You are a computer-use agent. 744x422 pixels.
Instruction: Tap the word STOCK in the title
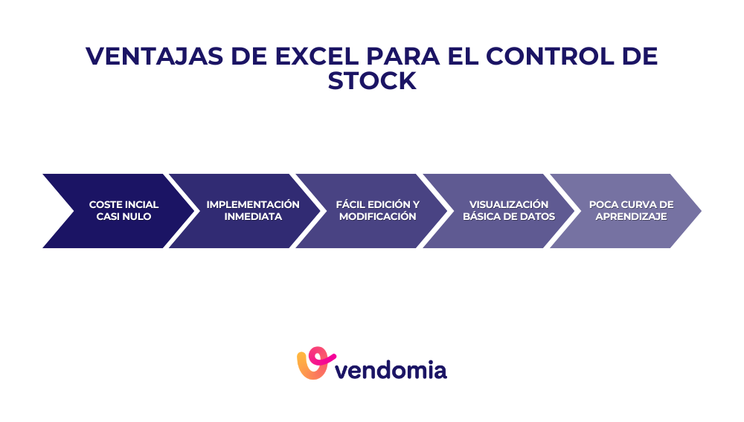pos(372,81)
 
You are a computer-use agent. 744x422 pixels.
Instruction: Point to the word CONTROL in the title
pos(557,56)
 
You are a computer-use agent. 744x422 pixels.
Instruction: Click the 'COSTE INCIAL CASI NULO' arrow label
pos(124,210)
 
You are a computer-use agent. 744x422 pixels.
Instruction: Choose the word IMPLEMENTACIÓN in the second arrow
pos(253,204)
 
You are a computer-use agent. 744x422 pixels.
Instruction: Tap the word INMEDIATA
pos(253,217)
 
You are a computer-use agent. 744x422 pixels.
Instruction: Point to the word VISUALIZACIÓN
pos(509,204)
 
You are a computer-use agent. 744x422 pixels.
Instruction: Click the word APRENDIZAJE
pos(631,217)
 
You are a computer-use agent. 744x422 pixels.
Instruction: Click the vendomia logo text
pos(391,369)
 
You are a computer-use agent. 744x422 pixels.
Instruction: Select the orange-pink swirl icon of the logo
pos(312,363)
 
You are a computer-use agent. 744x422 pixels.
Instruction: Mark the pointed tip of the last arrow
pos(699,210)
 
